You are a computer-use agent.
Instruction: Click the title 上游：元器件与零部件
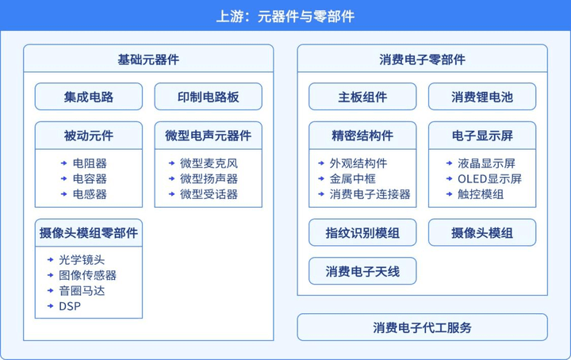[x=285, y=17]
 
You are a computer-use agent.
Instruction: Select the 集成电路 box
[x=89, y=97]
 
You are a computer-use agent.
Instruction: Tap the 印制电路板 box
[x=209, y=97]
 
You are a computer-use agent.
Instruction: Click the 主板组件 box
[x=362, y=97]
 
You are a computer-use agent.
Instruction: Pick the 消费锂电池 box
[x=482, y=97]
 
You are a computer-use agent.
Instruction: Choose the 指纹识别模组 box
[x=362, y=232]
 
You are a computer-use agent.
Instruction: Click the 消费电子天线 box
[x=362, y=271]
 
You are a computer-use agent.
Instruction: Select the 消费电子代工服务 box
[x=423, y=327]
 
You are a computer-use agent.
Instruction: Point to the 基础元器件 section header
[x=148, y=59]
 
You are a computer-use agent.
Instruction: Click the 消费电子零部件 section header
[x=423, y=59]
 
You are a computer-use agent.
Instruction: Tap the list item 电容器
[x=90, y=178]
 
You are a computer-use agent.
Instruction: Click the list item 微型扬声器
[x=209, y=178]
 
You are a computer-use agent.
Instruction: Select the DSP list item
[x=70, y=306]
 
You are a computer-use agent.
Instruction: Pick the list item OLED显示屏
[x=489, y=178]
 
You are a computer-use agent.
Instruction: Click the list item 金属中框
[x=352, y=178]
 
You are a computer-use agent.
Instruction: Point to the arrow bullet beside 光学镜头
[x=51, y=260]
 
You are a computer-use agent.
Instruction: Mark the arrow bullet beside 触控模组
[x=450, y=194]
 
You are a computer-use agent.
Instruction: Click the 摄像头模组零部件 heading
[x=89, y=233]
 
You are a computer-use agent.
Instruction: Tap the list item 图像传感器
[x=88, y=275]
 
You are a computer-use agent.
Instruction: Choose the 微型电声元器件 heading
[x=209, y=136]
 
